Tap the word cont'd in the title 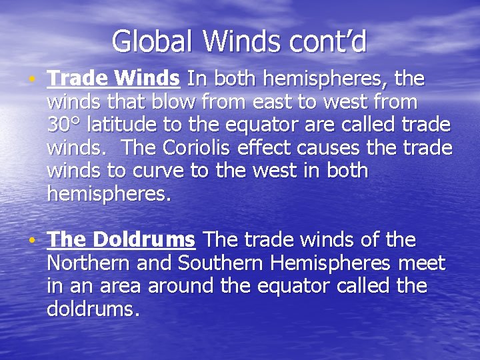[x=328, y=41]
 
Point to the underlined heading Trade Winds [x=113, y=79]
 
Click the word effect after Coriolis [x=283, y=147]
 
